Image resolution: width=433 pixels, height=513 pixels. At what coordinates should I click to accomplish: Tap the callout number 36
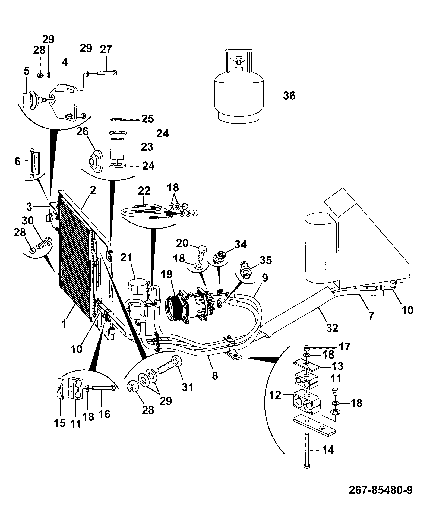pos(289,96)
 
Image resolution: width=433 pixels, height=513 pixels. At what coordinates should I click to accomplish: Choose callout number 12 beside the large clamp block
pos(276,395)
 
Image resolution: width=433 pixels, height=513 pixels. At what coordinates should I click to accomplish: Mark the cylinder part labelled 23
pos(117,149)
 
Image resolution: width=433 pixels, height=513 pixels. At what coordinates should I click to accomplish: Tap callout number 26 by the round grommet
pos(82,132)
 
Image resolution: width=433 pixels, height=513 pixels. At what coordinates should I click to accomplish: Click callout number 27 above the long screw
pos(106,50)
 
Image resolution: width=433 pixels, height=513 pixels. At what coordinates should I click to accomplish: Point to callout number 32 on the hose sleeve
pos(332,328)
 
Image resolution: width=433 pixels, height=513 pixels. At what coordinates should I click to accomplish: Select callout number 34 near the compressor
pos(241,245)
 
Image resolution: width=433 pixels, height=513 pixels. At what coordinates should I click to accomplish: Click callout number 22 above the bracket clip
pos(144,191)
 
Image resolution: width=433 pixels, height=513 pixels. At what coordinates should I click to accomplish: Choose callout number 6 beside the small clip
pos(18,162)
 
